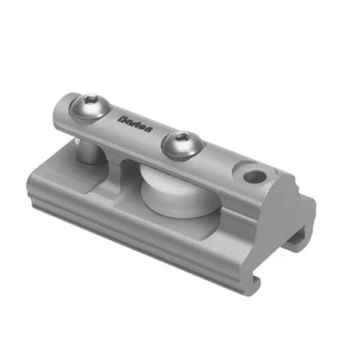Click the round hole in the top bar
[x=254, y=176]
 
